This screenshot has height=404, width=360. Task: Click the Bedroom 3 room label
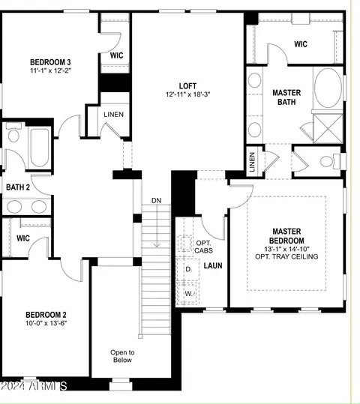coord(50,62)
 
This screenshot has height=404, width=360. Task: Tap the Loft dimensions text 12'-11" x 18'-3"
coord(187,94)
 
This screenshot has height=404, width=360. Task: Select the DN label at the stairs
coord(156,200)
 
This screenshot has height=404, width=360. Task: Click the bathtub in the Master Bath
coord(328,88)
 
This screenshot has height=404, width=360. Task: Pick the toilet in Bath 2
coord(13,133)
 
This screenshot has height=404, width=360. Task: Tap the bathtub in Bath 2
coord(40,148)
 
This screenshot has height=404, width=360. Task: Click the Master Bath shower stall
coord(328,129)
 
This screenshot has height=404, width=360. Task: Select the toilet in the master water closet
coord(331,162)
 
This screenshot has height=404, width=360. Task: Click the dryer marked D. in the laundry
coord(188,269)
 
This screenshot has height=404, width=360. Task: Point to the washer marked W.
coord(188,294)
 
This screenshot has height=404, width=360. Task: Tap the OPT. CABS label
coord(203,247)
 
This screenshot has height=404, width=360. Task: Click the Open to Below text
coord(122,356)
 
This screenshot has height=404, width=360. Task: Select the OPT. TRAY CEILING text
coord(286,256)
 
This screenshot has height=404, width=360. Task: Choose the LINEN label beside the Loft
coord(113,115)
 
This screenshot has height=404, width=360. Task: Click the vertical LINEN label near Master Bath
coord(252,162)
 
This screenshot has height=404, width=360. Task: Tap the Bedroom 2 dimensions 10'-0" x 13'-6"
coord(46,323)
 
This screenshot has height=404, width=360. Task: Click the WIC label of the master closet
coord(301,44)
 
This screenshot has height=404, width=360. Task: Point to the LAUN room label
coord(213,265)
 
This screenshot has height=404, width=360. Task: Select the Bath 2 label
coord(18,187)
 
